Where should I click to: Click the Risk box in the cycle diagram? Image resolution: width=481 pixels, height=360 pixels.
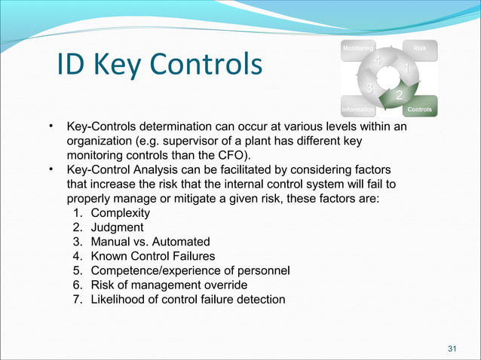tap(420, 49)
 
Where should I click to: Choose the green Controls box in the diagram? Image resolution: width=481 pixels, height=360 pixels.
tap(419, 109)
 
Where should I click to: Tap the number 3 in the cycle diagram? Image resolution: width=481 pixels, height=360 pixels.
tap(368, 90)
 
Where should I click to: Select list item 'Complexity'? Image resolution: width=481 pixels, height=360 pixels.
tap(120, 213)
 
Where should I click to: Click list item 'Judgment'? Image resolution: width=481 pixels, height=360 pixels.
tap(117, 227)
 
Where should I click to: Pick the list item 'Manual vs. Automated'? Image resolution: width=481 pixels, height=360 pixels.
tap(150, 242)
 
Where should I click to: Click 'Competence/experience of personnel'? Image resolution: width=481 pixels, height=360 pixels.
tap(190, 270)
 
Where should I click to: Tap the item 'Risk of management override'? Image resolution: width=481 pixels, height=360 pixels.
tap(168, 285)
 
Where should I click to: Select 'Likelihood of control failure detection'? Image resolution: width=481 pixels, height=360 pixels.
tap(188, 299)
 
